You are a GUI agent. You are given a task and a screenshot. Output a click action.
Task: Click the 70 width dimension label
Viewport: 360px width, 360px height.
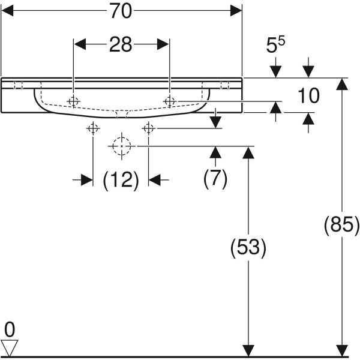(121, 11)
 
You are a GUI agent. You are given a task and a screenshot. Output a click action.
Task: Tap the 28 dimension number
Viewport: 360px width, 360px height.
(121, 46)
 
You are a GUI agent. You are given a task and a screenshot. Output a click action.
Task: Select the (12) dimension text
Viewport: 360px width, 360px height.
(121, 179)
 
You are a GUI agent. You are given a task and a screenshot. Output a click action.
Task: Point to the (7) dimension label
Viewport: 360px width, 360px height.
(215, 179)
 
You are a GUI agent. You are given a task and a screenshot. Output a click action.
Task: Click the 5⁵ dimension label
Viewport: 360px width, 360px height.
(277, 46)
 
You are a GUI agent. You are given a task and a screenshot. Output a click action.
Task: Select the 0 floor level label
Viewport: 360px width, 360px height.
(9, 329)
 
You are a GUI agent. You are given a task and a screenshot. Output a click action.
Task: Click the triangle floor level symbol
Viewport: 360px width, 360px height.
(10, 346)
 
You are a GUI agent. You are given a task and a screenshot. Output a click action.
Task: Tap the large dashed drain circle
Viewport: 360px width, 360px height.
(122, 145)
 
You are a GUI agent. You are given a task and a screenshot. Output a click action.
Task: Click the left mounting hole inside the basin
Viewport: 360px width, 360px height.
(73, 101)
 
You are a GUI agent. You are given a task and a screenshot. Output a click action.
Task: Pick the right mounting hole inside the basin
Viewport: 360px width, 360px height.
(169, 101)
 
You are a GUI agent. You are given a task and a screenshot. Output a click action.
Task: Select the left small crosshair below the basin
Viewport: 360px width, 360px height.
(93, 128)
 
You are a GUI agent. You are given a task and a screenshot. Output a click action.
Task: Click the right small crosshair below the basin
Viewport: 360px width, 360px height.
(148, 128)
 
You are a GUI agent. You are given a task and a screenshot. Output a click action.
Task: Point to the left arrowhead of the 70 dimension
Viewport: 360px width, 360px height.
(7, 11)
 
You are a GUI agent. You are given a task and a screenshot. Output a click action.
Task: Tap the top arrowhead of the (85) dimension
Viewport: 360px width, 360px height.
(342, 83)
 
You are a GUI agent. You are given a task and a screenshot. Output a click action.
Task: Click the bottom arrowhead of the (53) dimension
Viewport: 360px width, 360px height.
(247, 350)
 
